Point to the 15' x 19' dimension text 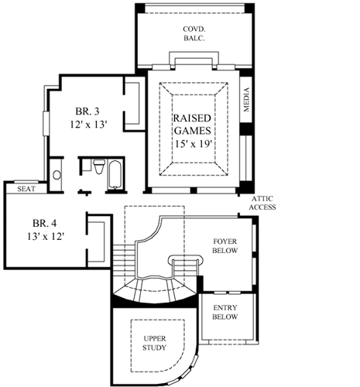(x=193, y=143)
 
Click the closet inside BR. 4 (x=98, y=240)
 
